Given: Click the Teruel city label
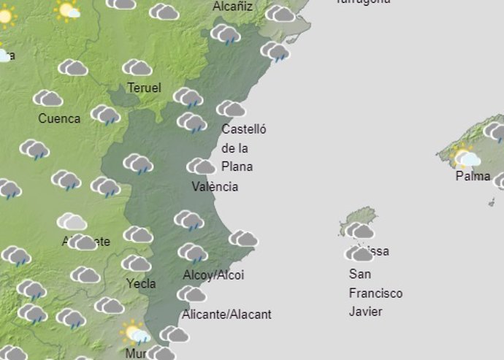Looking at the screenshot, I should pyautogui.click(x=144, y=88).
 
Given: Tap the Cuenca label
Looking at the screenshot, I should pyautogui.click(x=59, y=118).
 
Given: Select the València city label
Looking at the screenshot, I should pyautogui.click(x=215, y=186).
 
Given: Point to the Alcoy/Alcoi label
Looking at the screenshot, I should pyautogui.click(x=213, y=275).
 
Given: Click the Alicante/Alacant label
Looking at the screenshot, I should pyautogui.click(x=226, y=314).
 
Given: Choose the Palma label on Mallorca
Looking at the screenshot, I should pyautogui.click(x=473, y=176).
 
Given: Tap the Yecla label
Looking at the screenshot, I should pyautogui.click(x=140, y=283).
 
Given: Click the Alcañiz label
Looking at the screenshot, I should pyautogui.click(x=232, y=7).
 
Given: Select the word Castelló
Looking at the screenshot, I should pyautogui.click(x=244, y=130).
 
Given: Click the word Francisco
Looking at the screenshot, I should pyautogui.click(x=375, y=293).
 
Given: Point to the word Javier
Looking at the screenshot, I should pyautogui.click(x=366, y=312).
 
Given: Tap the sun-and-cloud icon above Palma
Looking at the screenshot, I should pyautogui.click(x=467, y=157).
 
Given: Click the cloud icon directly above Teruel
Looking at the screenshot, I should pyautogui.click(x=137, y=68).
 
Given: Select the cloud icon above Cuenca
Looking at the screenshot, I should pyautogui.click(x=48, y=98).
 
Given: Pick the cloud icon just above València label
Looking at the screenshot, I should pyautogui.click(x=201, y=166).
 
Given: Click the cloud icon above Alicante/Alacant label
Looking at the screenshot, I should pyautogui.click(x=191, y=294).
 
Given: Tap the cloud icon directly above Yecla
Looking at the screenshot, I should pyautogui.click(x=137, y=263).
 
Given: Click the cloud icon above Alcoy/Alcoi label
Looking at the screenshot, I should pyautogui.click(x=193, y=253).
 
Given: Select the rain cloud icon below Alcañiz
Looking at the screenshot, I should pyautogui.click(x=226, y=34).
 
